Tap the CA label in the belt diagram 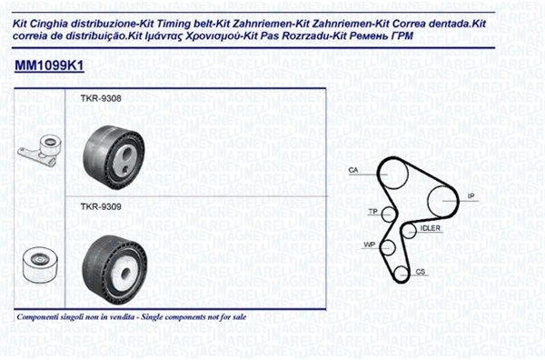pos(352,170)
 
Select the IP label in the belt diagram pos(471,195)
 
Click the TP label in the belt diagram pos(372,212)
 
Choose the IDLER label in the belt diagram pos(431,228)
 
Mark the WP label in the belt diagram pos(369,245)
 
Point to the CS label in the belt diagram pos(420,271)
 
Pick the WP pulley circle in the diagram pos(388,247)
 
